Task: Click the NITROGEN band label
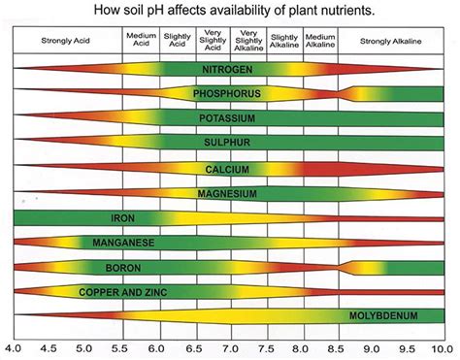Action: [229, 71]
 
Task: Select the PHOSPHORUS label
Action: [229, 95]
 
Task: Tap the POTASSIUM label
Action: [229, 119]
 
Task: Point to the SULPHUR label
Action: [229, 144]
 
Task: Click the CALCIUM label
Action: [229, 169]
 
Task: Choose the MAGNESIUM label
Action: [229, 193]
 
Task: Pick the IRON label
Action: [123, 217]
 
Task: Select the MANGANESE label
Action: [123, 242]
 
